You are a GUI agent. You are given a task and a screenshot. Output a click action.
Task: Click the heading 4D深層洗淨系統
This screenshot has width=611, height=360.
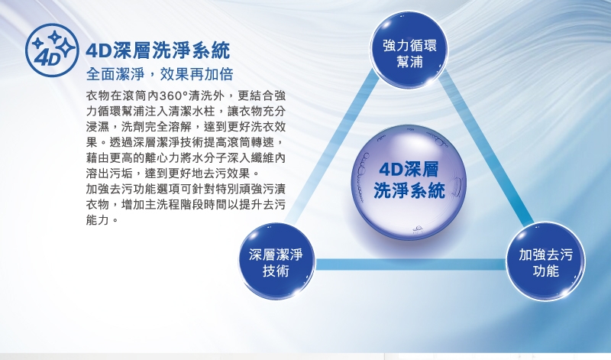click(x=158, y=51)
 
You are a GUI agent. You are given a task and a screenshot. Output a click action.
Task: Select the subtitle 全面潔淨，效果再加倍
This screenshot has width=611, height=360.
click(x=160, y=75)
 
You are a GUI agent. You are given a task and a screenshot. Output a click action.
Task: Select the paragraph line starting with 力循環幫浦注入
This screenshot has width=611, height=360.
click(x=186, y=112)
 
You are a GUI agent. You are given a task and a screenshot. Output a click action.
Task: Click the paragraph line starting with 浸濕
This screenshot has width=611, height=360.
click(x=186, y=127)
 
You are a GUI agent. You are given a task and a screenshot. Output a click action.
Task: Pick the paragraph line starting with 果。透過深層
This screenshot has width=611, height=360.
click(x=186, y=142)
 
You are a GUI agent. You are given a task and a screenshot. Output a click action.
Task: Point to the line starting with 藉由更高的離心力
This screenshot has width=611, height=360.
click(x=186, y=158)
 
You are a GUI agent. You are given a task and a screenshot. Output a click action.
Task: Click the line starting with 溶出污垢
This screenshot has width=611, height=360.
click(x=163, y=174)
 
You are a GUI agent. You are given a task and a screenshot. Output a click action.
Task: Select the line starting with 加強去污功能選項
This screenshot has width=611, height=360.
click(x=186, y=189)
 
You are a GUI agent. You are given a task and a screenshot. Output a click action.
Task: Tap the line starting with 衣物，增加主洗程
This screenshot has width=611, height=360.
click(x=186, y=205)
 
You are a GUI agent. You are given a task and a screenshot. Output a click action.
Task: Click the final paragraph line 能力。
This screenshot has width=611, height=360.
click(x=103, y=220)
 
